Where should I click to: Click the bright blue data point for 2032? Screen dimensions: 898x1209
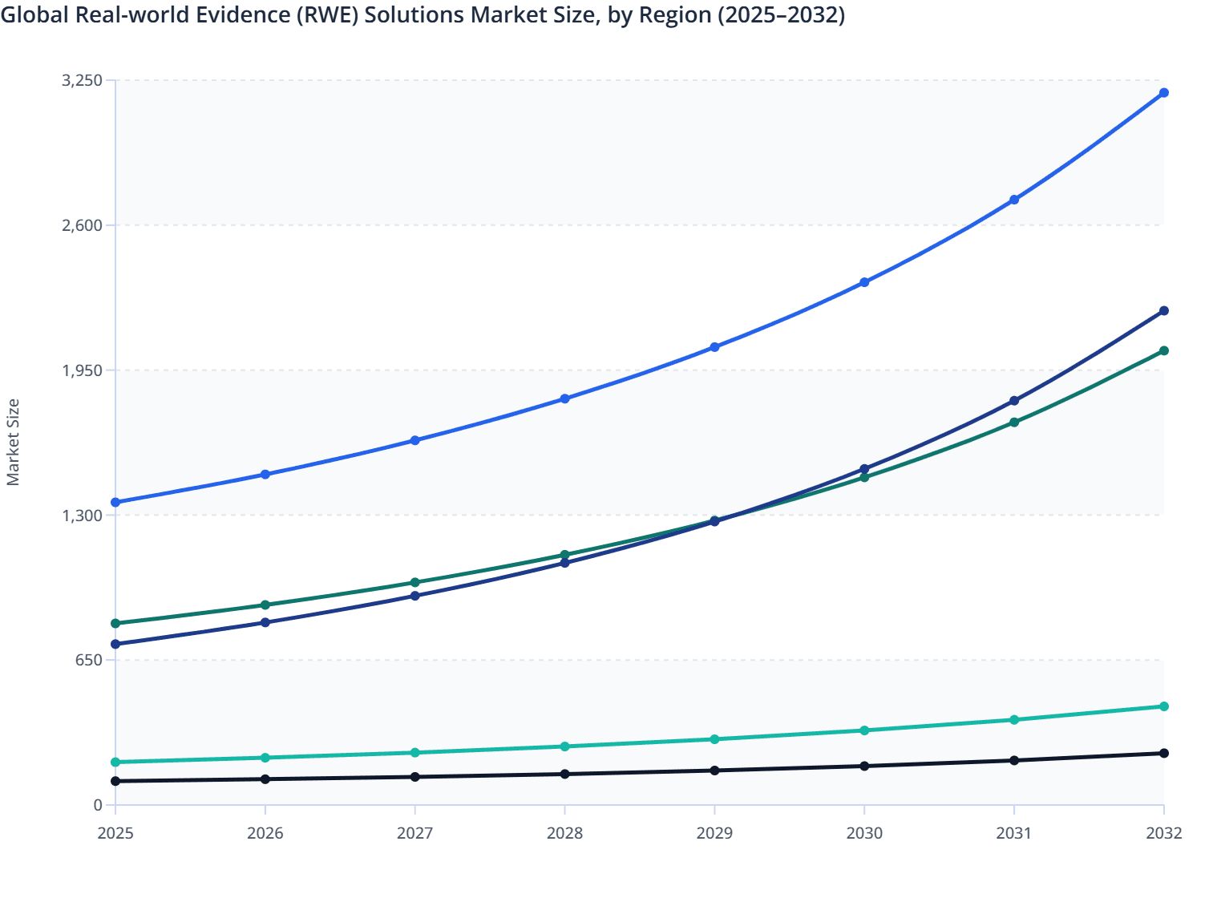click(1163, 93)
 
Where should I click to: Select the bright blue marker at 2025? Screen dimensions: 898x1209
click(115, 503)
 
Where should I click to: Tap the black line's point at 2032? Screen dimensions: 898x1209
click(1163, 754)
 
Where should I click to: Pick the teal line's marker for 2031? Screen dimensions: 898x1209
click(1014, 720)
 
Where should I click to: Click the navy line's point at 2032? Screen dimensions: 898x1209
click(1163, 311)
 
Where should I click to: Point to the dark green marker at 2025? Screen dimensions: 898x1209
click(115, 624)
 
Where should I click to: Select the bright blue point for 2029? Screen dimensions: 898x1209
click(714, 348)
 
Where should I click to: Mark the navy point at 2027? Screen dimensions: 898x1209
click(415, 597)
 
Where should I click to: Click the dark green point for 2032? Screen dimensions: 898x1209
click(1163, 351)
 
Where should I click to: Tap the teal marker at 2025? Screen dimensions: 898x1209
click(115, 762)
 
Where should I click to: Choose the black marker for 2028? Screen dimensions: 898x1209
click(564, 775)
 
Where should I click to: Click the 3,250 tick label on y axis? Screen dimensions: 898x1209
click(82, 80)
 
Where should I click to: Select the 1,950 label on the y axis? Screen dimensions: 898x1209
click(82, 370)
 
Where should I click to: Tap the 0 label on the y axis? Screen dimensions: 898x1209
click(98, 805)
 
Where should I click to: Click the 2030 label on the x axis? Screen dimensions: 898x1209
click(864, 834)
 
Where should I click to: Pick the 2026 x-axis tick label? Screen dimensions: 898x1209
click(265, 834)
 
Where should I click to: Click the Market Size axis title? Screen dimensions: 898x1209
click(14, 443)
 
